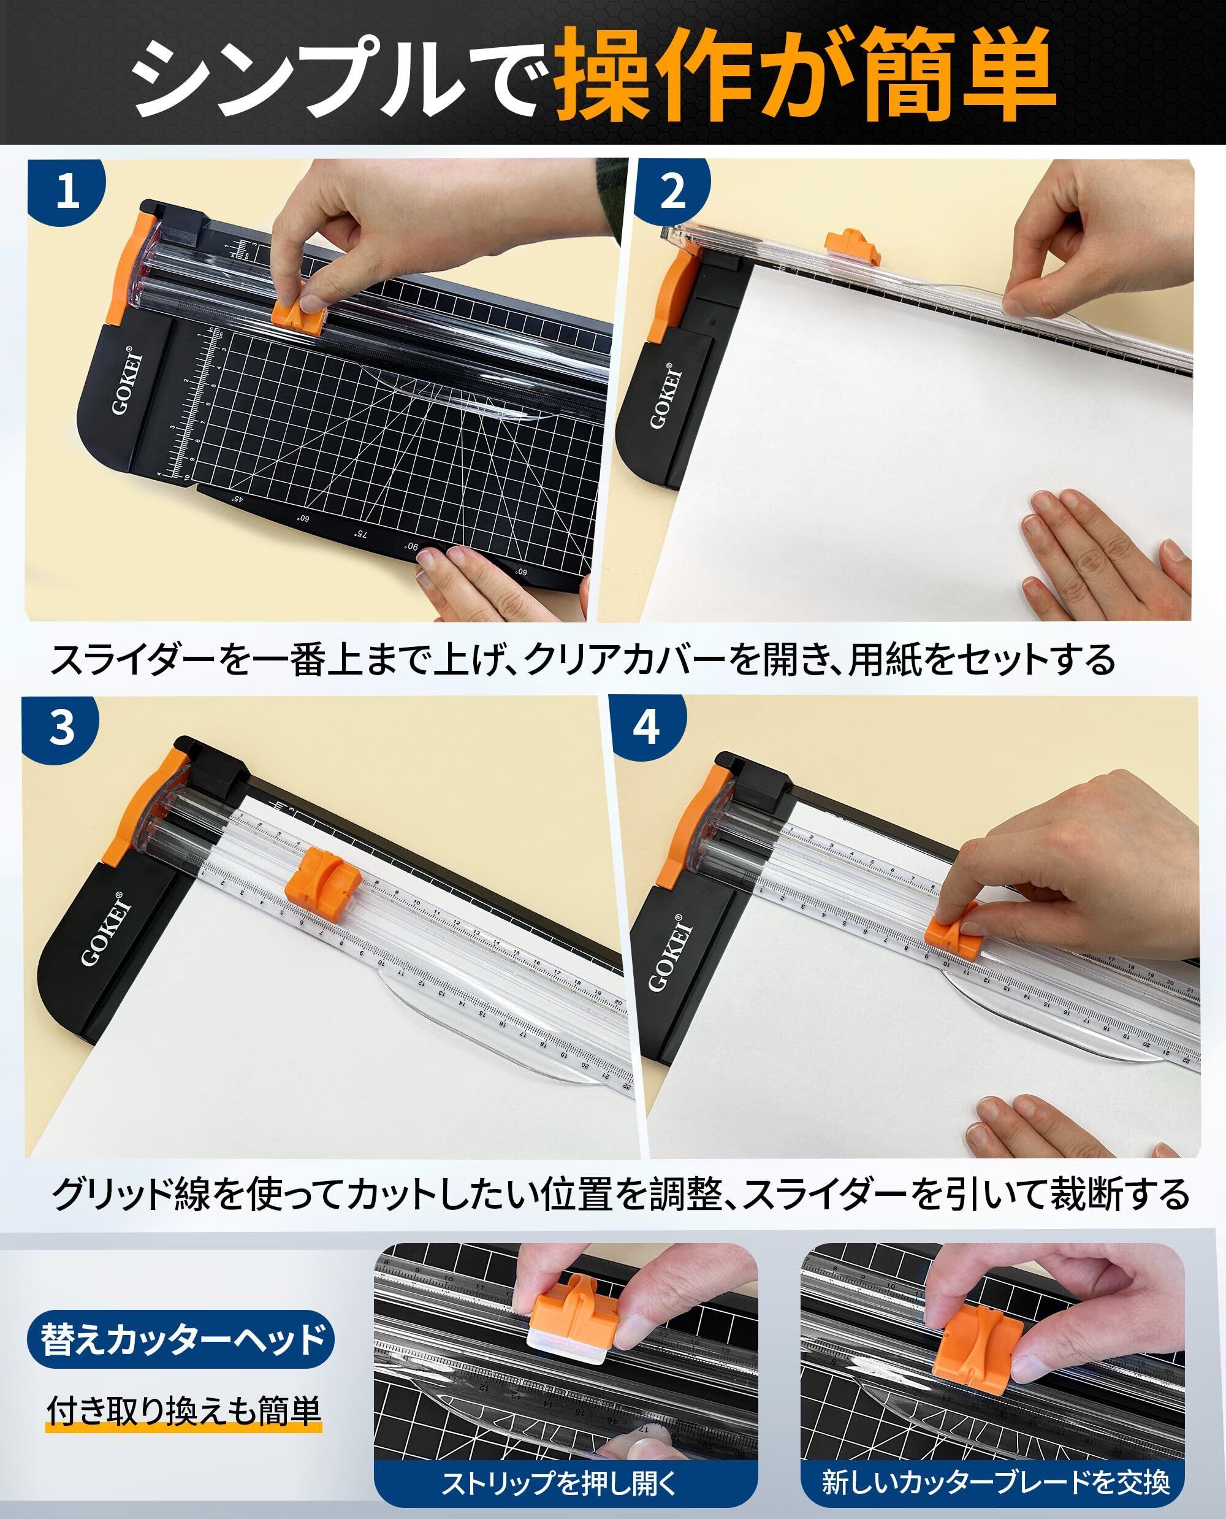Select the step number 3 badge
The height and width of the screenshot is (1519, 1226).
click(x=62, y=727)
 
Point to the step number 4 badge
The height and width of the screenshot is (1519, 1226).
click(x=646, y=727)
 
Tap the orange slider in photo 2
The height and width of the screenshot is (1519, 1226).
click(x=850, y=242)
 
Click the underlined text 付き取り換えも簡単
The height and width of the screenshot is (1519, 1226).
click(x=184, y=1409)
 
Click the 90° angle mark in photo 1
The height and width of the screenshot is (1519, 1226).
click(x=411, y=547)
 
